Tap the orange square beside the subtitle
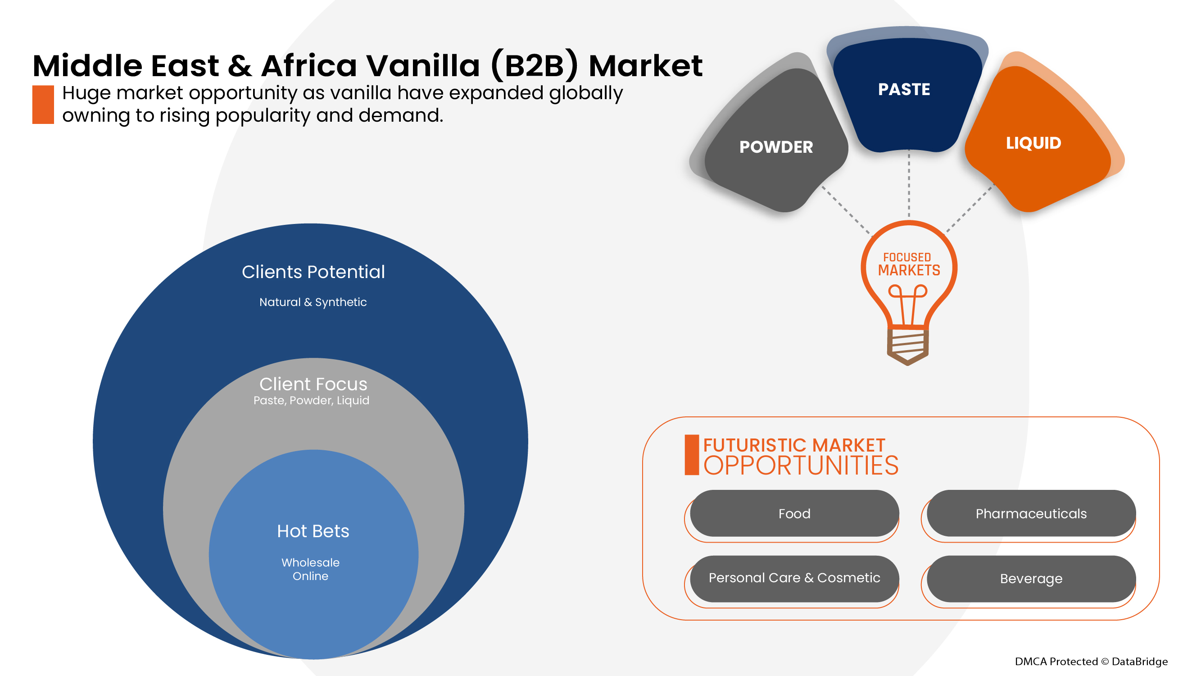[x=43, y=105]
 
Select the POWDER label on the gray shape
[x=776, y=147]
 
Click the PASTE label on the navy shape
[x=903, y=89]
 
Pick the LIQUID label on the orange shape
[x=1033, y=143]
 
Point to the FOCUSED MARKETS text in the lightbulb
[x=908, y=265]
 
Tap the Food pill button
[x=794, y=513]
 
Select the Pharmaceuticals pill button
[x=1031, y=513]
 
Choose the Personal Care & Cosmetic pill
[x=794, y=578]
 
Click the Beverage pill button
[x=1031, y=579]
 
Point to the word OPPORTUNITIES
[x=801, y=466]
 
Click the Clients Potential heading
[x=313, y=272]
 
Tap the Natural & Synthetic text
[x=313, y=302]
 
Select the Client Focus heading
[x=313, y=384]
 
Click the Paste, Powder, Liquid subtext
[x=312, y=400]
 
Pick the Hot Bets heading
[x=313, y=531]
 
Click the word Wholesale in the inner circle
[x=311, y=562]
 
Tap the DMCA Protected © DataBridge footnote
[x=1091, y=661]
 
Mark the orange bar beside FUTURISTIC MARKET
[x=691, y=455]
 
